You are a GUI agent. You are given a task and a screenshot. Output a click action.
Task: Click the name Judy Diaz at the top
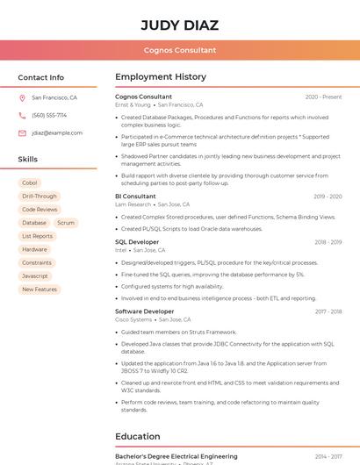[x=179, y=25]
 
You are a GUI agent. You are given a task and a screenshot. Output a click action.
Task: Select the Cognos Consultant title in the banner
[x=180, y=50]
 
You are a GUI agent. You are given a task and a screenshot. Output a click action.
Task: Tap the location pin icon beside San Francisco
[x=22, y=98]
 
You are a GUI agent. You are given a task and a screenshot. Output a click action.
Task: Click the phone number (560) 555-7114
[x=49, y=115]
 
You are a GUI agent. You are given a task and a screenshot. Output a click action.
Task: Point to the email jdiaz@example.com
[x=57, y=132]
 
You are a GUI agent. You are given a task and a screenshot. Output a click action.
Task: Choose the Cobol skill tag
[x=29, y=183]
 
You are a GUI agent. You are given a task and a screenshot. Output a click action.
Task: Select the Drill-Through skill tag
[x=39, y=197]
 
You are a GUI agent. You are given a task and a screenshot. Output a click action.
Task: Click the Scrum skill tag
[x=66, y=223]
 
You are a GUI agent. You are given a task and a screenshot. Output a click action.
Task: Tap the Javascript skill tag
[x=35, y=275]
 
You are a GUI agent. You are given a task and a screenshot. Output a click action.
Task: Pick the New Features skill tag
[x=40, y=289]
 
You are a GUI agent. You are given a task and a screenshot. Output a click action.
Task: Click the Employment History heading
[x=161, y=77]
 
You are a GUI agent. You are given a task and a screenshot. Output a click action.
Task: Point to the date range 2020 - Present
[x=323, y=97]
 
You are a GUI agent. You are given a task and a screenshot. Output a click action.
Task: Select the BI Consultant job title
[x=135, y=197]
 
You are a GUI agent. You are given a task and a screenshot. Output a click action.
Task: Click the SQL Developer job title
[x=137, y=242]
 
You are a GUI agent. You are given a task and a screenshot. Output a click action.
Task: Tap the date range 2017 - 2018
[x=328, y=311]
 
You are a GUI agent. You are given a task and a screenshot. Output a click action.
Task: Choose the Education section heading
[x=138, y=436]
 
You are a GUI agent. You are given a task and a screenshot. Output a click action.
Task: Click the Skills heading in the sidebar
[x=28, y=160]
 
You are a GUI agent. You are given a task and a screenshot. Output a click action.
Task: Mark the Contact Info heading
[x=41, y=77]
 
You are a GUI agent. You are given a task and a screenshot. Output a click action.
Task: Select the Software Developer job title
[x=145, y=311]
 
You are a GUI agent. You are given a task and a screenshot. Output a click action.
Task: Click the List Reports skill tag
[x=37, y=236]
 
